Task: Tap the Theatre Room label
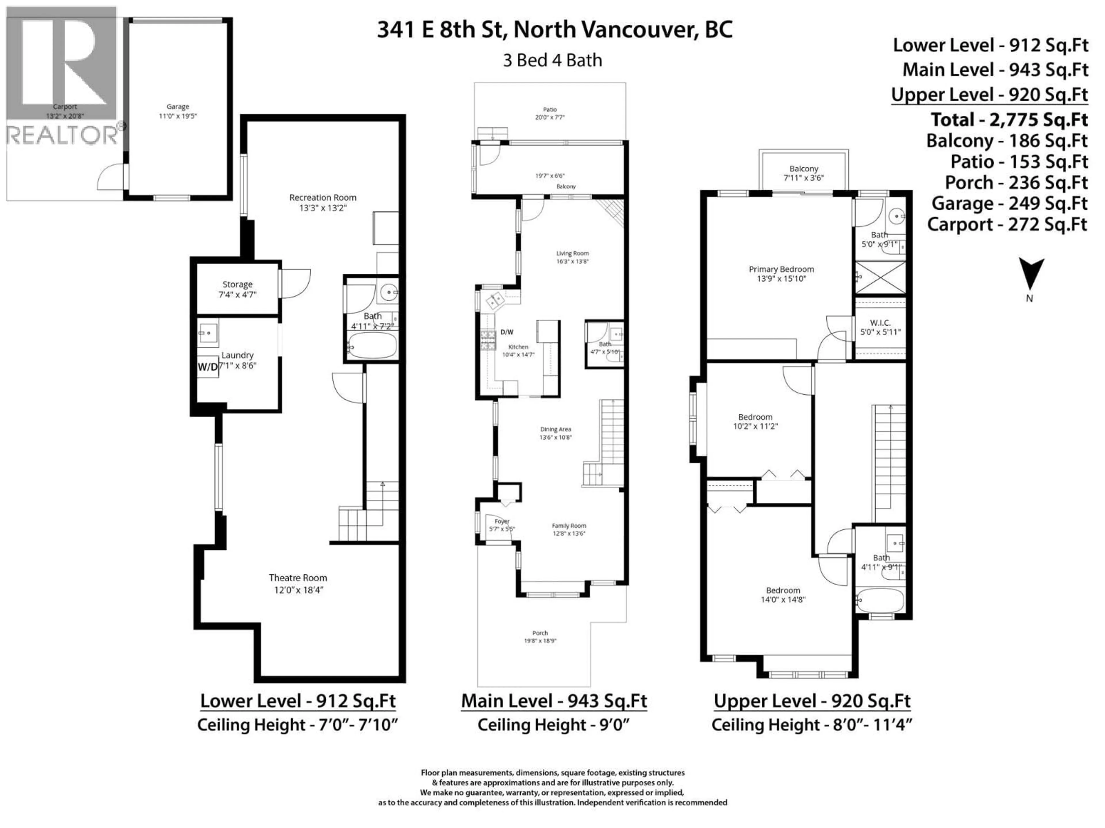tap(298, 578)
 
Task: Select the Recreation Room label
tap(323, 198)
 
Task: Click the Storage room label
tap(237, 285)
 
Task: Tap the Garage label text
tap(178, 107)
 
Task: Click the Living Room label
tap(572, 254)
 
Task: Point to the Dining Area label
tap(555, 429)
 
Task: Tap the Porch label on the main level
tap(540, 633)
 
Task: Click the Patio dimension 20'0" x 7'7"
tap(550, 118)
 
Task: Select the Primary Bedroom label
tap(781, 269)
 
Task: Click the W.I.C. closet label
tap(880, 323)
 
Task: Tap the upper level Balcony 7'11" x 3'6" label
tap(804, 173)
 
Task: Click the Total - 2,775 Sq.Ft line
tap(1009, 120)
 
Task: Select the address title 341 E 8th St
tap(555, 30)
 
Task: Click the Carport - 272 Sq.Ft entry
tap(1007, 225)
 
